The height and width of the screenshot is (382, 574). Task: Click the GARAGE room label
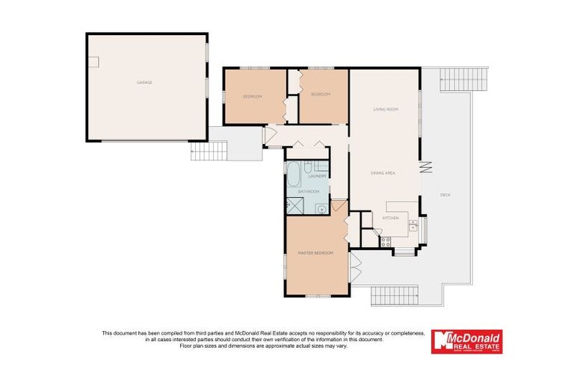pos(144,82)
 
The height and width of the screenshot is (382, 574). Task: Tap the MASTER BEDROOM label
pos(315,254)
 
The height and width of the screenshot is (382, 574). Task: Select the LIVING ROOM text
pos(386,110)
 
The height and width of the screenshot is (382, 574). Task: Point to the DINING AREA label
pos(383,173)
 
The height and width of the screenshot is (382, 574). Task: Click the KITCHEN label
pos(391,218)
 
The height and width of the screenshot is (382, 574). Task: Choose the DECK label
pos(445,195)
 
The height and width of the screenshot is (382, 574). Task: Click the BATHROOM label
pos(309,192)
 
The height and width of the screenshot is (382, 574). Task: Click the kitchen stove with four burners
pos(386,240)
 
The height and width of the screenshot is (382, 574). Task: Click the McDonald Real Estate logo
pos(466,342)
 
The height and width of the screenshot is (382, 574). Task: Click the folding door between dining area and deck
pos(427,167)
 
